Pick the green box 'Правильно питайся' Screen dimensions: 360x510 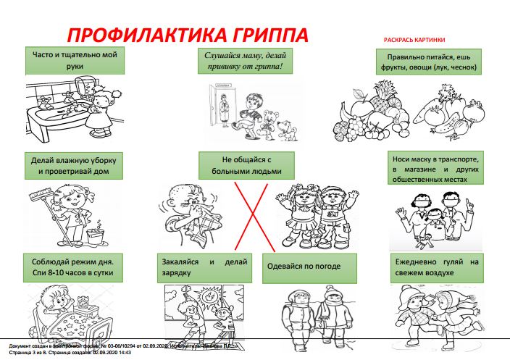click(427, 62)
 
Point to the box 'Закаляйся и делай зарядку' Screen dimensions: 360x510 click(202, 267)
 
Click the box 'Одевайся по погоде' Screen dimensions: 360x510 click(311, 267)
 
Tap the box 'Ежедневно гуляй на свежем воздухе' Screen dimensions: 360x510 click(436, 267)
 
